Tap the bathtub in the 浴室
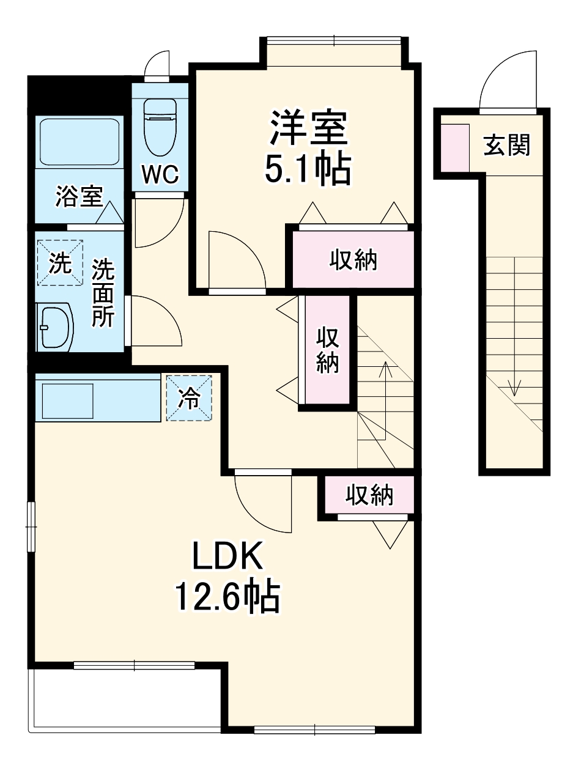coord(79,142)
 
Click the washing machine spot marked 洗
coord(59,263)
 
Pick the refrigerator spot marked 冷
coord(189,398)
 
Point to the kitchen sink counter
coord(98,399)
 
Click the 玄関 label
coord(506,145)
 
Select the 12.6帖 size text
coord(227,597)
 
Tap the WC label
coord(160,174)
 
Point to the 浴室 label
coord(78,197)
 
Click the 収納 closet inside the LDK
coord(369,495)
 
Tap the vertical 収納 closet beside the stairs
coord(328,350)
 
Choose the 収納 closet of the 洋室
coord(353,260)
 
